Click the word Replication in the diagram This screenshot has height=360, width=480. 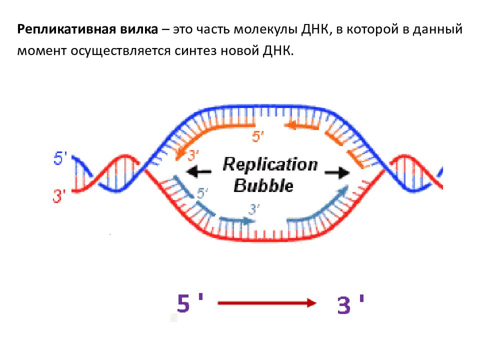(x=270, y=164)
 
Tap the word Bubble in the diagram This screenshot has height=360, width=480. (x=263, y=185)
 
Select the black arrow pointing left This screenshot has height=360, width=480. (x=199, y=172)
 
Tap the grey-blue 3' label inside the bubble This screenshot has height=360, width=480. (x=254, y=208)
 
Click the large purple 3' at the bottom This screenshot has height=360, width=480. (x=350, y=304)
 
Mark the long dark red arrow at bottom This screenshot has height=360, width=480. (x=266, y=303)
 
